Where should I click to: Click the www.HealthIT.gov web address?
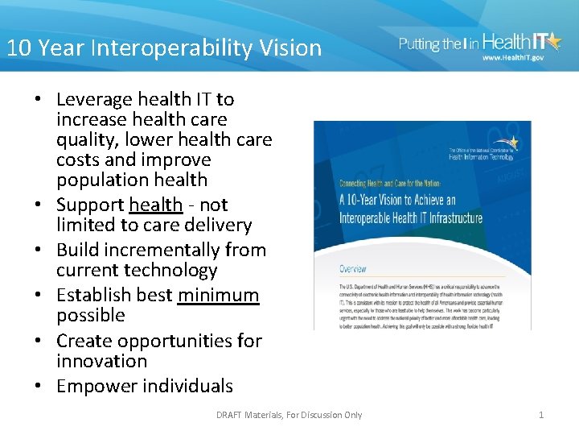(513, 58)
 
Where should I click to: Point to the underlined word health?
(155, 205)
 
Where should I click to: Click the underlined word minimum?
(218, 295)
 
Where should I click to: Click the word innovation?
(101, 361)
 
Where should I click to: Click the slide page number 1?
(541, 415)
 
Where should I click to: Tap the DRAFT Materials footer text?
(289, 415)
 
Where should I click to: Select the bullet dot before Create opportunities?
(39, 342)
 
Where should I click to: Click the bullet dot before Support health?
(39, 205)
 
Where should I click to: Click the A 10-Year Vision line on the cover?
(397, 201)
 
